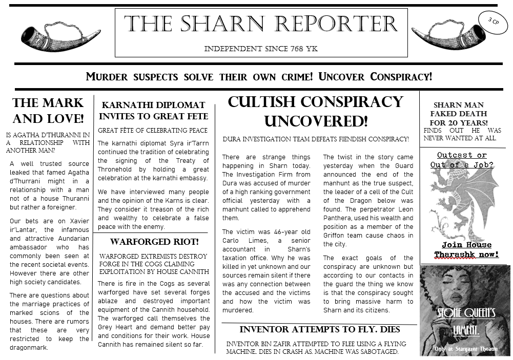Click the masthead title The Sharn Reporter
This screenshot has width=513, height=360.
pos(261,25)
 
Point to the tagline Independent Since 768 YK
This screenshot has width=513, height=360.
pos(261,49)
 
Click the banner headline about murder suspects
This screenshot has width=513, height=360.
pos(259,77)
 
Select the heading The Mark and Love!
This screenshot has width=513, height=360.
pos(48,111)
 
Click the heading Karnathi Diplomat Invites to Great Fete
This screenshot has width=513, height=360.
pos(154,111)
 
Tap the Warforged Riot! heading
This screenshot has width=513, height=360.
pos(154,241)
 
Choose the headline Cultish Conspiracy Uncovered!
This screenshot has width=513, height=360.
pos(316,112)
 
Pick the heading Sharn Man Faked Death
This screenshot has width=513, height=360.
pos(459,114)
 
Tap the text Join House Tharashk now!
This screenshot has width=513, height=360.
pos(466,249)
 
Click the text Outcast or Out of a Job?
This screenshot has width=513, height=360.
pos(462,160)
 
